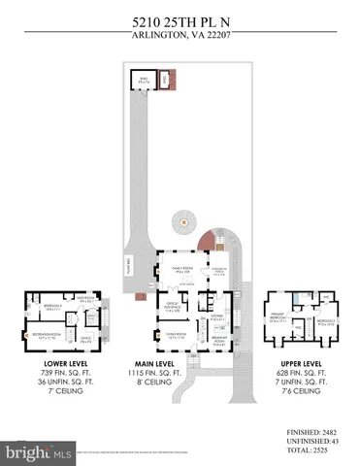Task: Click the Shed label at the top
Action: [145, 80]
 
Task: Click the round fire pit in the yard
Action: [180, 223]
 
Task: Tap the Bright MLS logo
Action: [40, 451]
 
